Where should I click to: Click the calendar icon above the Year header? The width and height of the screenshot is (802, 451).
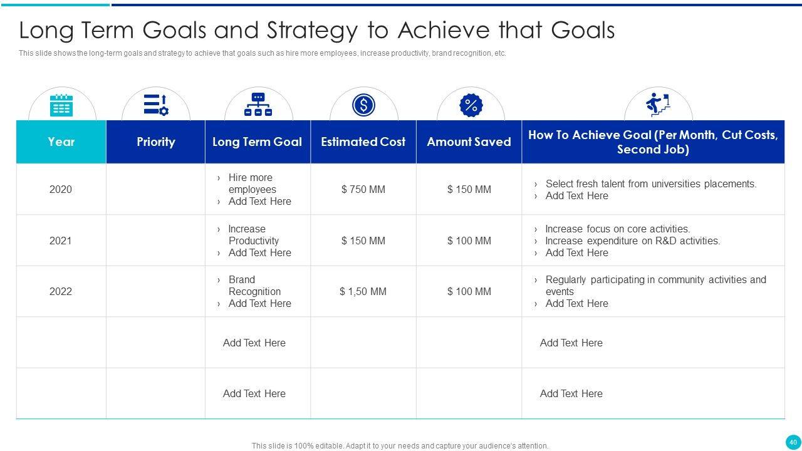[61, 105]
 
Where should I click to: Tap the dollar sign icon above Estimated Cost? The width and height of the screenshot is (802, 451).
[363, 105]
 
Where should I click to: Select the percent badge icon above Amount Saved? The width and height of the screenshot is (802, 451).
[471, 105]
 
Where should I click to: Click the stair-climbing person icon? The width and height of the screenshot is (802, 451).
[658, 105]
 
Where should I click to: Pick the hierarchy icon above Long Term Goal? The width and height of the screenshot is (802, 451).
[258, 105]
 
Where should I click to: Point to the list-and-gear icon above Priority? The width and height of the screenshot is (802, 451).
[156, 105]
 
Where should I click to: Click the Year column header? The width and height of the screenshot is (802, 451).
[61, 142]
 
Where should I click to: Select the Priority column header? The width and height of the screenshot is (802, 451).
[156, 142]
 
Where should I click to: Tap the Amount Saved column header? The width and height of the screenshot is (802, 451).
[469, 142]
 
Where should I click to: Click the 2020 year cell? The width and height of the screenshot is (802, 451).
[61, 189]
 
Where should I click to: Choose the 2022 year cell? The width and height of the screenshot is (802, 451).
[61, 291]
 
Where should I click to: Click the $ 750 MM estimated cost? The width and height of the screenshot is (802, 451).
[363, 189]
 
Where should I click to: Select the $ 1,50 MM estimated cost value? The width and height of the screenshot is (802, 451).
[363, 291]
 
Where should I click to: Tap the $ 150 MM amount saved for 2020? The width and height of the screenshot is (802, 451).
[469, 189]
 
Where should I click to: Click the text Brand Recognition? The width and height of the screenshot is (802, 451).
[254, 285]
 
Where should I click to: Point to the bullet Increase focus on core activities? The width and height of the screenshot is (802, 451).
[618, 229]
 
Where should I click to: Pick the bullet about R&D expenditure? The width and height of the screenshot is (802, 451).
[633, 241]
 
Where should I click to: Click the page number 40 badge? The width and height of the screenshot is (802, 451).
[793, 442]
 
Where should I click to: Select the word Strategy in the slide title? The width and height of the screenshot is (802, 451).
[312, 31]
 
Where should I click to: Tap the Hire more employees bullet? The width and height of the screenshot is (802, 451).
[253, 184]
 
